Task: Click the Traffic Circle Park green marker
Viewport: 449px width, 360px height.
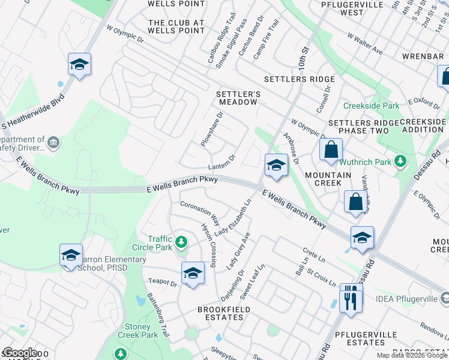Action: [181, 243]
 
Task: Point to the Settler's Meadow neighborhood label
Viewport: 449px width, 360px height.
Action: [238, 98]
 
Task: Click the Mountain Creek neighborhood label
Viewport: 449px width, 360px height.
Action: [328, 179]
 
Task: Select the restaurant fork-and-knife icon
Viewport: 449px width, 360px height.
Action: [352, 298]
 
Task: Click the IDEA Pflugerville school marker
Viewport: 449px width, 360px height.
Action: [444, 298]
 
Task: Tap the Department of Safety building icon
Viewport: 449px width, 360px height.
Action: [53, 142]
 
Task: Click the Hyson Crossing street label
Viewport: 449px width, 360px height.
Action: [208, 243]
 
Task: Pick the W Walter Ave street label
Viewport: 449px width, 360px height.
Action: [364, 43]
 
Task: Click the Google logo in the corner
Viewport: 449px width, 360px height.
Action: [20, 353]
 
